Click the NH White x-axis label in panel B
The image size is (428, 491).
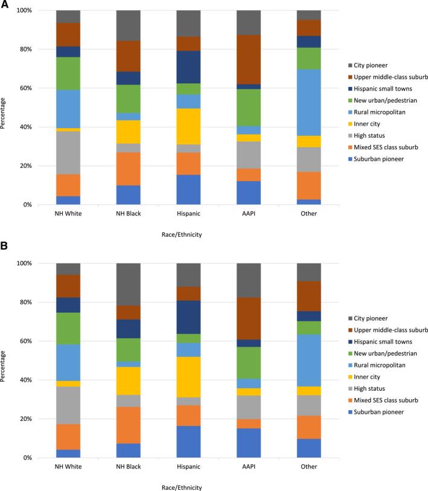(68, 467)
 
